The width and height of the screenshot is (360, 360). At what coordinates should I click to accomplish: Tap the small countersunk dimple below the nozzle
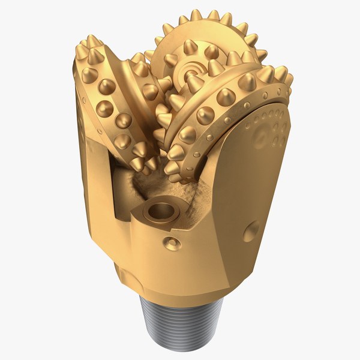tap(172, 243)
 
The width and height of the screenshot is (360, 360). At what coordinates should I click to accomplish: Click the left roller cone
tap(117, 102)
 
